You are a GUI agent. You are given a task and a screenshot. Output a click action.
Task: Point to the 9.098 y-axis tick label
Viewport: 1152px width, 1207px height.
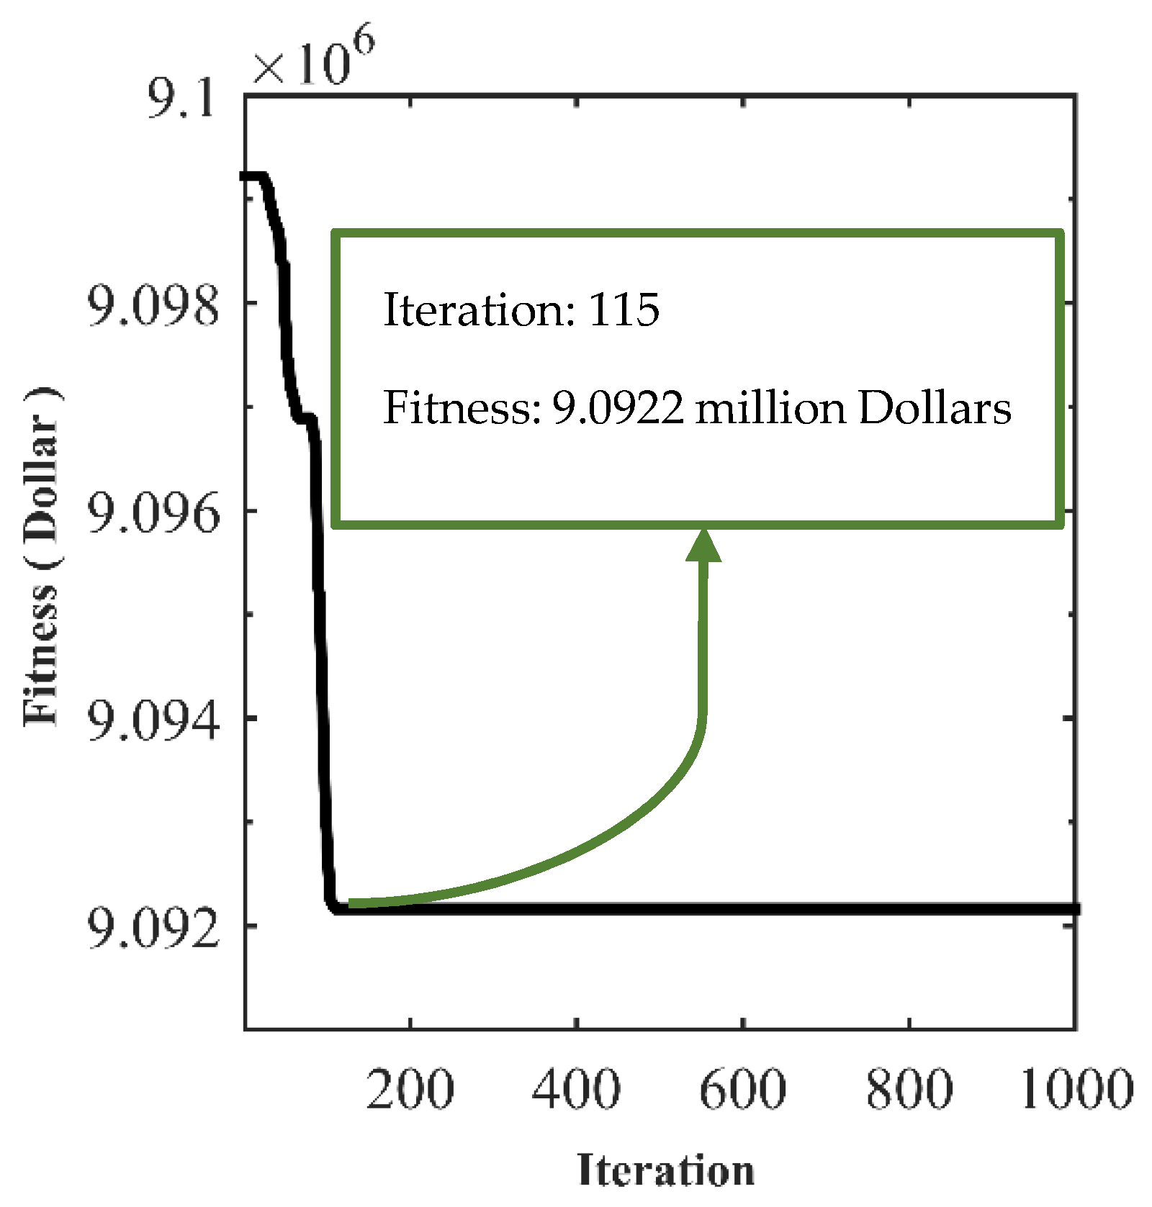tap(153, 306)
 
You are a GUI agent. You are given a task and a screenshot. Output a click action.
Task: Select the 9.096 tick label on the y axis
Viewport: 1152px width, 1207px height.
tap(153, 513)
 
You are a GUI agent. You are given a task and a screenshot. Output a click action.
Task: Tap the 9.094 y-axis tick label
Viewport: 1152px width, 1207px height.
tap(153, 720)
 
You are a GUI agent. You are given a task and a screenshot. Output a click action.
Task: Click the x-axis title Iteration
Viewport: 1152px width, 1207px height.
tap(666, 1170)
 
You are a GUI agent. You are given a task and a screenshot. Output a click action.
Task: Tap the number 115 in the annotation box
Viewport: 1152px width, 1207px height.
tap(624, 310)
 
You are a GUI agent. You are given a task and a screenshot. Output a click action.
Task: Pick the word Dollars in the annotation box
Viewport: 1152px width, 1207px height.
tap(935, 408)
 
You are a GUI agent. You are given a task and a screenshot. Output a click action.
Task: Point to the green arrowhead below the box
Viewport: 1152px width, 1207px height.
tap(703, 546)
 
